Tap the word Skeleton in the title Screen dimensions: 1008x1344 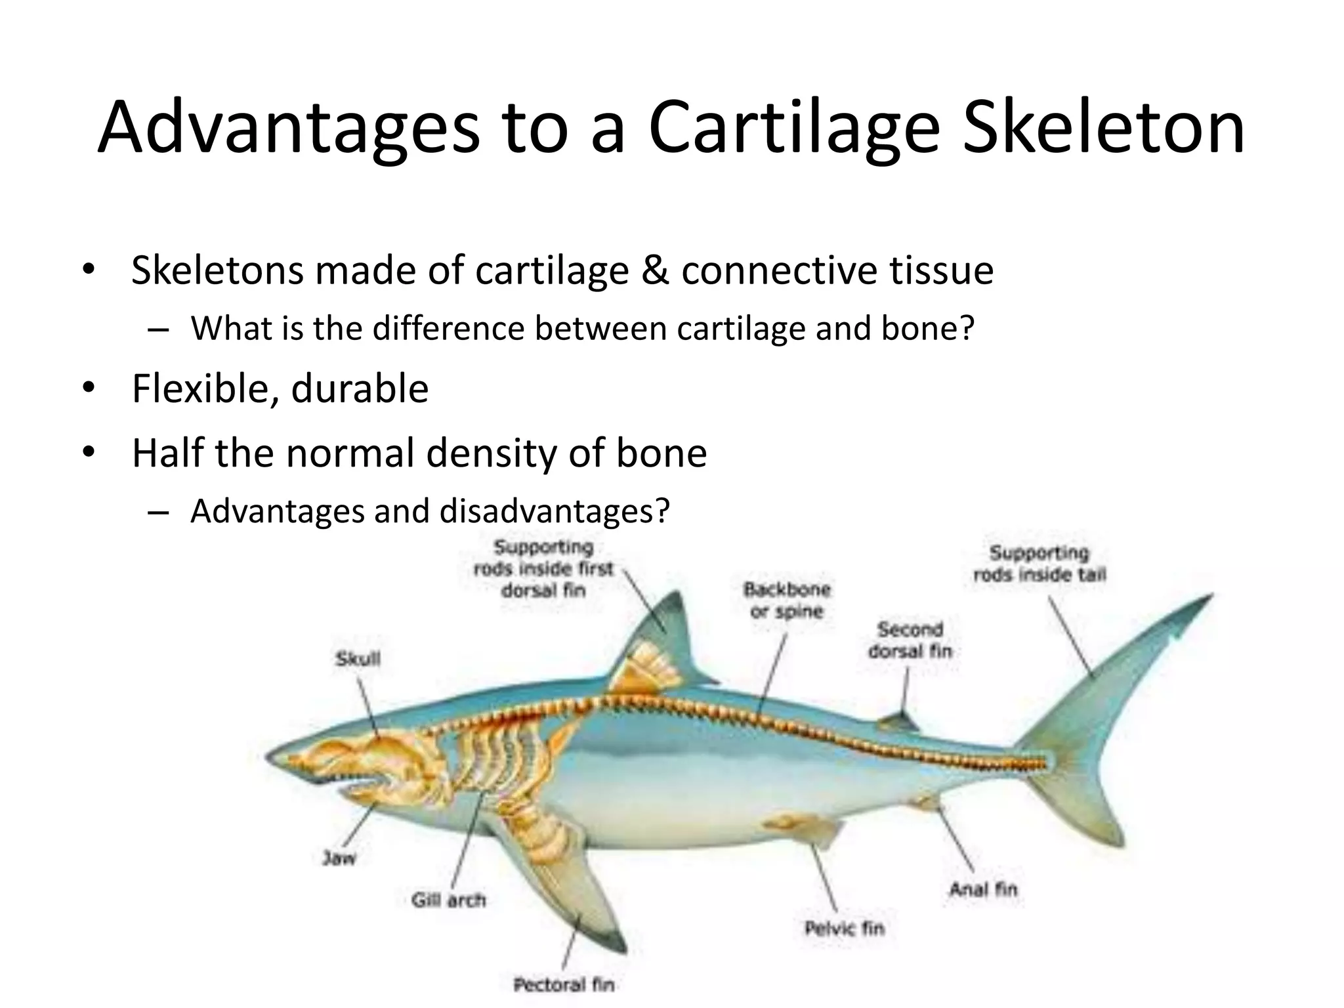pos(1102,128)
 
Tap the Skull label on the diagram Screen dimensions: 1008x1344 pos(358,659)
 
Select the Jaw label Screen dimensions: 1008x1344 pos(339,858)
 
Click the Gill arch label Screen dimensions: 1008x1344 pos(449,900)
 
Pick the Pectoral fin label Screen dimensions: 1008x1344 pos(564,984)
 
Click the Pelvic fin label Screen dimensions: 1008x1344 pos(845,928)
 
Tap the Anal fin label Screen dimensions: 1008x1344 pos(982,889)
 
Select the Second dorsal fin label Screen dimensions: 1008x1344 pos(910,640)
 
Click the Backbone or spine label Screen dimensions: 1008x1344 pos(786,600)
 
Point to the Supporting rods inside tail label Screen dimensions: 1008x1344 pos(1039,563)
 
